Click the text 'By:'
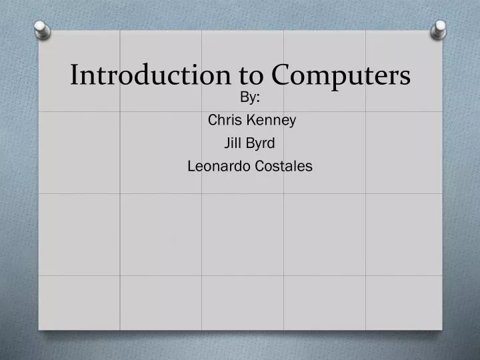(249, 98)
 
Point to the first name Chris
(223, 121)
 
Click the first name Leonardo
(219, 166)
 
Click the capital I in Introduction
(75, 75)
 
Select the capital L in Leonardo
(191, 166)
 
